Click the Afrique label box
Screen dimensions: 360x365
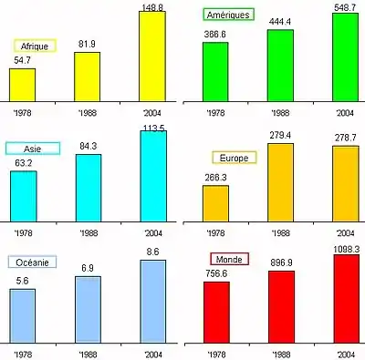pos(36,46)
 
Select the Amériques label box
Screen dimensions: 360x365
pos(227,15)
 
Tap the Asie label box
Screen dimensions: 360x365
pos(33,149)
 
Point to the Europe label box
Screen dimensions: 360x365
pos(234,158)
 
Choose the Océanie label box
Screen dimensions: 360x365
pos(33,262)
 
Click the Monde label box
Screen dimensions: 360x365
pos(228,259)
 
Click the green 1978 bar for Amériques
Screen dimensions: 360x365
pos(216,72)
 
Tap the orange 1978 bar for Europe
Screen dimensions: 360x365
pos(216,203)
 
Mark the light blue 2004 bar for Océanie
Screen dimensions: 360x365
pos(152,301)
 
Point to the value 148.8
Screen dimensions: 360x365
pos(151,5)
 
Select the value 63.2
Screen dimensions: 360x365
pos(22,164)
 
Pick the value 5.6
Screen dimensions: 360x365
pos(22,283)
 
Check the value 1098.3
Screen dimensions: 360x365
pos(346,248)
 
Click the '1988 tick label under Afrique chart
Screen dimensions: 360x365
pos(88,113)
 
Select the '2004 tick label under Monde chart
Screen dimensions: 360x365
pos(346,354)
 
